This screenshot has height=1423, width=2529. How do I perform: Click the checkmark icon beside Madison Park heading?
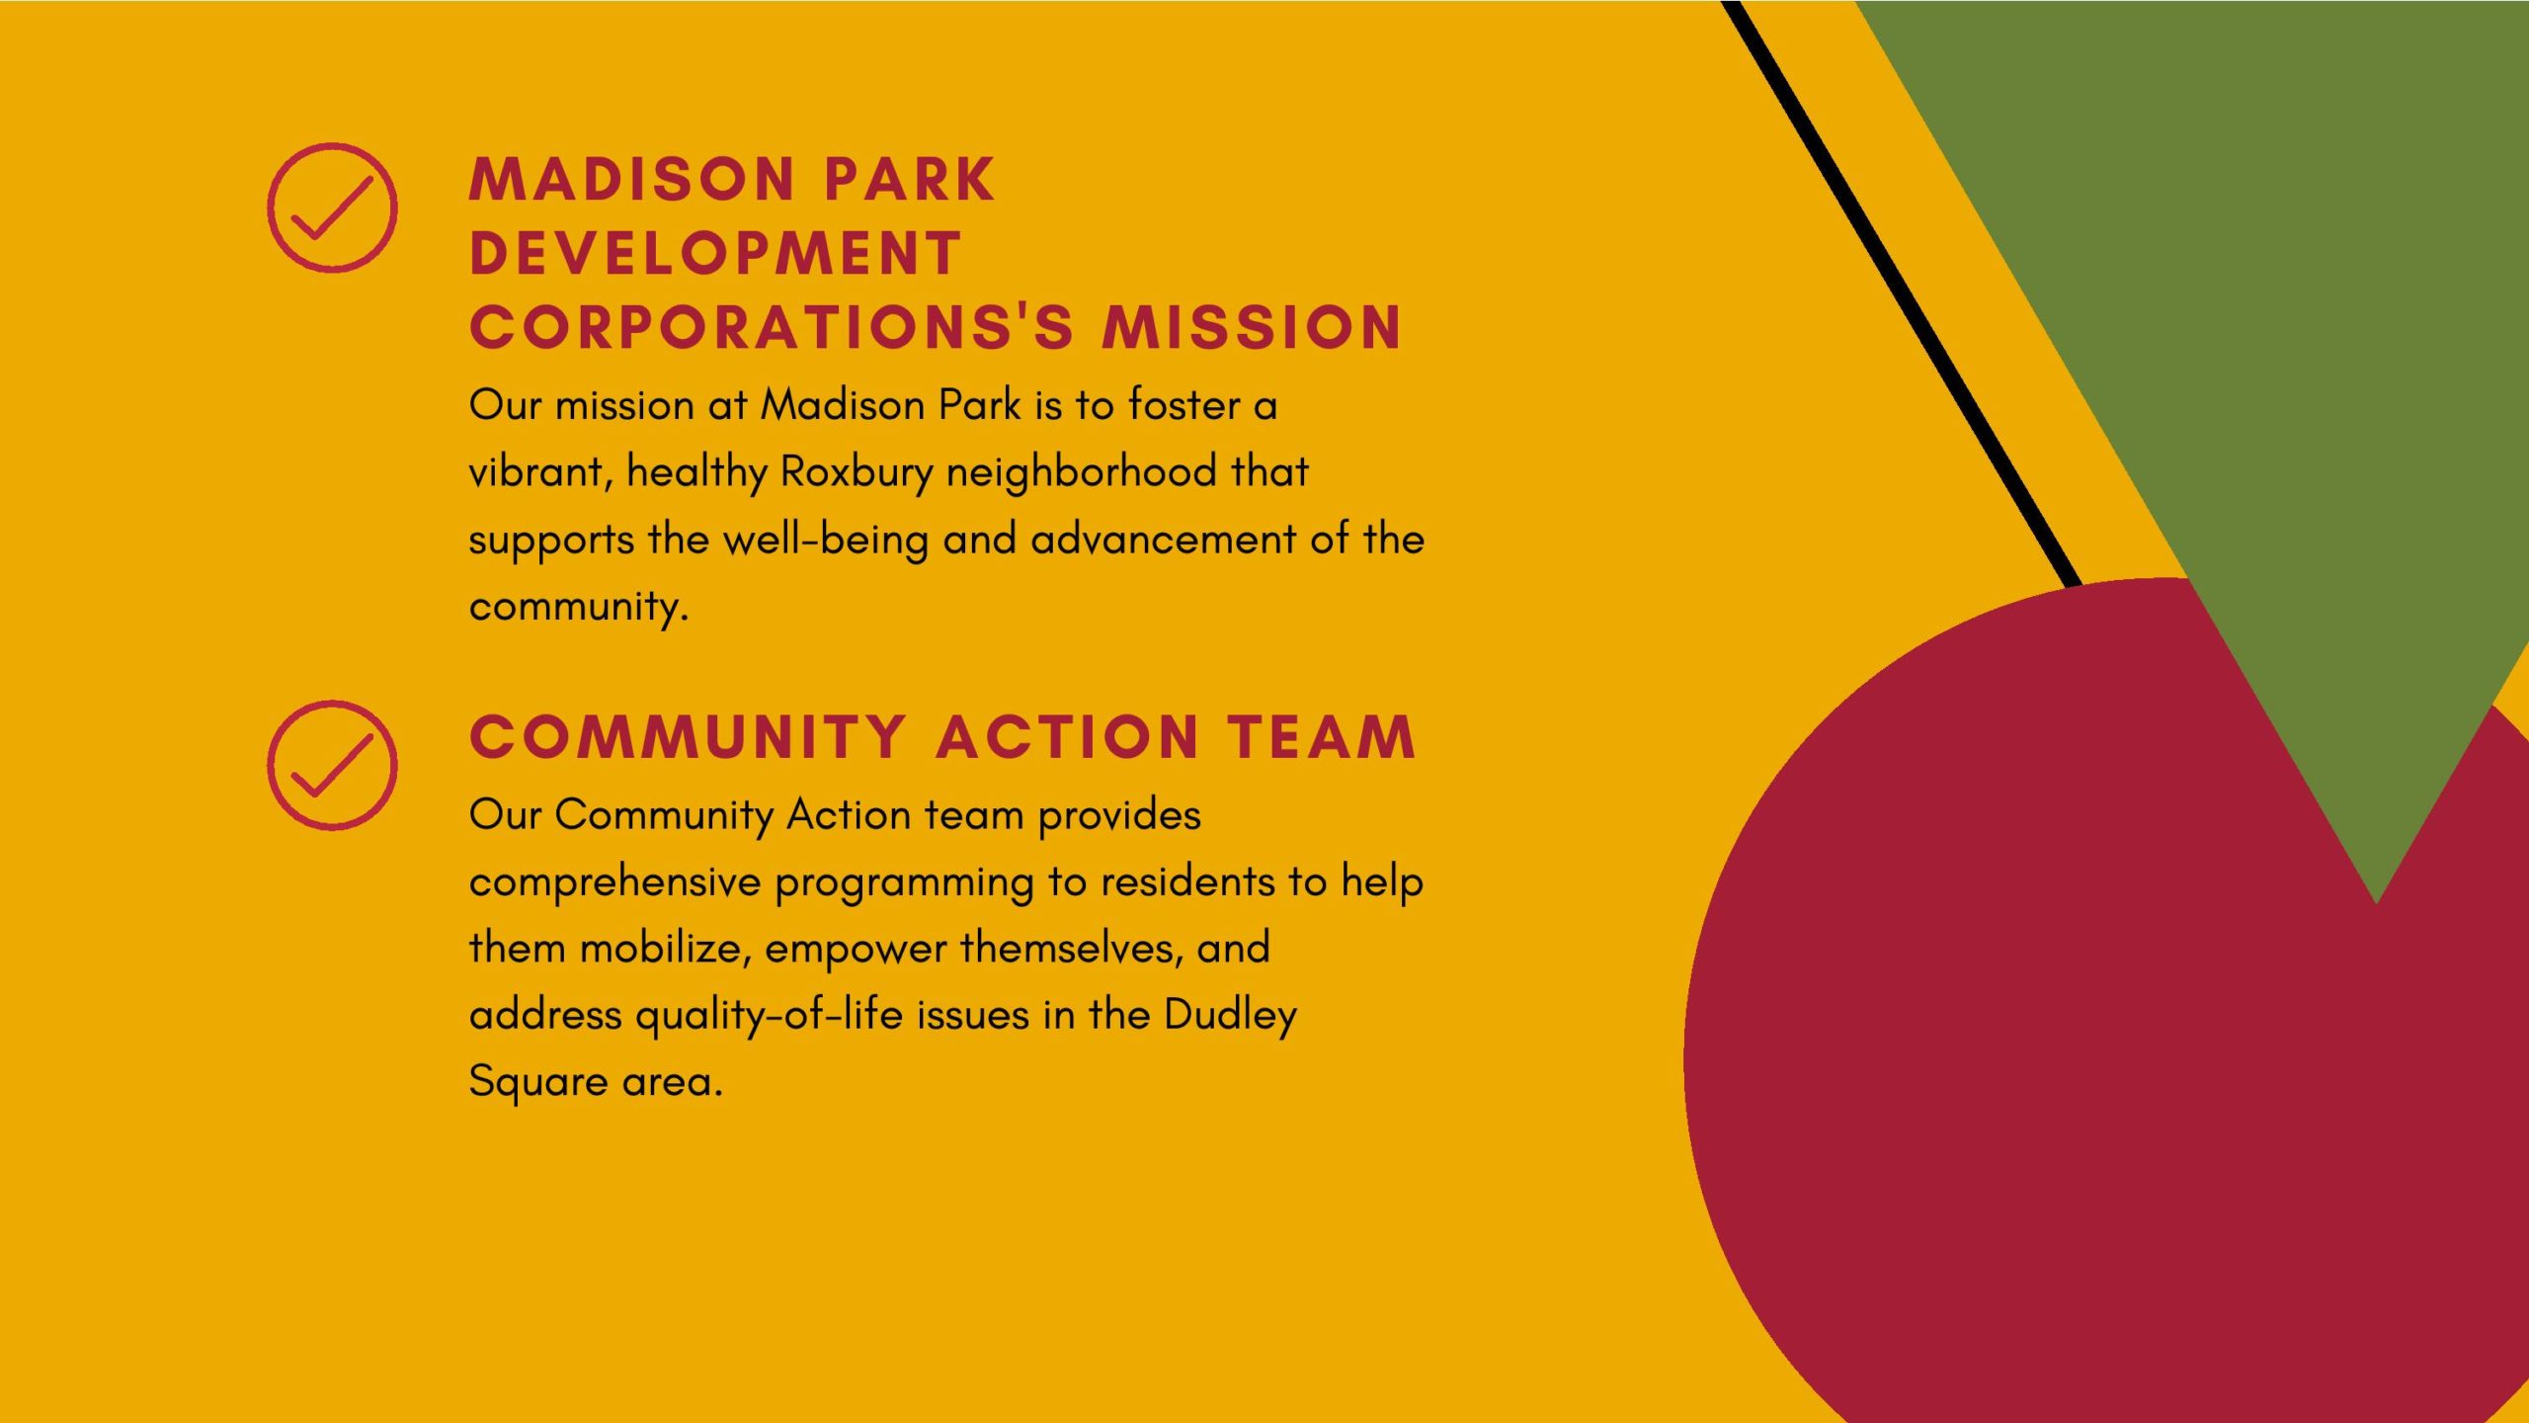pos(332,209)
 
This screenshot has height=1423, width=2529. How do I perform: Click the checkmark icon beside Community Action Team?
pos(332,766)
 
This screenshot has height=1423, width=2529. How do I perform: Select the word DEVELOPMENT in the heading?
pos(715,253)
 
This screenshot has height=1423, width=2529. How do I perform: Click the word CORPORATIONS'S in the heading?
pos(772,327)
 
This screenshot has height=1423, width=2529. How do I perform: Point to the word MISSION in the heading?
pos(1252,327)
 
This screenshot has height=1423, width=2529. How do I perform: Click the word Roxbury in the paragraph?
pos(857,473)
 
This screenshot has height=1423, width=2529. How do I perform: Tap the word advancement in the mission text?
pos(1163,540)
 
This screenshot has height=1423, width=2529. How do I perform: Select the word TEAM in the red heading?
pos(1322,737)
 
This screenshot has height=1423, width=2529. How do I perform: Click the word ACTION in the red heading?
pos(1068,737)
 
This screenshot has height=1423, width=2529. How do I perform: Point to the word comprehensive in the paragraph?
pos(614,882)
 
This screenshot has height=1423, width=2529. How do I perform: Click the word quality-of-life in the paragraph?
pos(769,1016)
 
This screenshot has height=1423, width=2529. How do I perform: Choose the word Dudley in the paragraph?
pos(1230,1016)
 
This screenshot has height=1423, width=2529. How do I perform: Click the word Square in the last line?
pos(538,1082)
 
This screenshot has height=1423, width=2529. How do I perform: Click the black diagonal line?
pos(1902,293)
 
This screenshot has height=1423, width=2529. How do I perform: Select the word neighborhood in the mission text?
pos(1081,473)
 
